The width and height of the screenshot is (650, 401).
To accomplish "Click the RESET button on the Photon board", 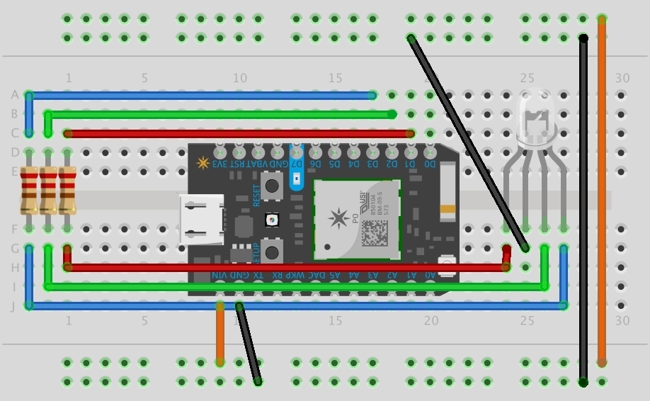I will coord(270,187).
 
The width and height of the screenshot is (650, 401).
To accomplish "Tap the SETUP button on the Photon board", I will coord(270,250).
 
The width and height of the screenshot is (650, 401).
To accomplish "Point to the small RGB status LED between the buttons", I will coord(270,220).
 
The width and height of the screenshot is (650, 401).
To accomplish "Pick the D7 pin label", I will coord(297,164).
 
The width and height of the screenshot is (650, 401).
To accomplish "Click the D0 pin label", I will coord(430,164).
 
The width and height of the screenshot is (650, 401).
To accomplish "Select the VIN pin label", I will coord(220,275).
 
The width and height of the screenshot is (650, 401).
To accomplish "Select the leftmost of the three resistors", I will coord(29,190).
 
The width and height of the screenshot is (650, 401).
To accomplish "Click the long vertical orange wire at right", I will coord(602,191).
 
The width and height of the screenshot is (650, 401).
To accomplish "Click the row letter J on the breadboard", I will coord(14,306).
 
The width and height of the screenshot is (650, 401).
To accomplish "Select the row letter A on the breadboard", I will coord(14,95).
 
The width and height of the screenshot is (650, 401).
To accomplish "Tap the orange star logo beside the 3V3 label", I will coord(203,164).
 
